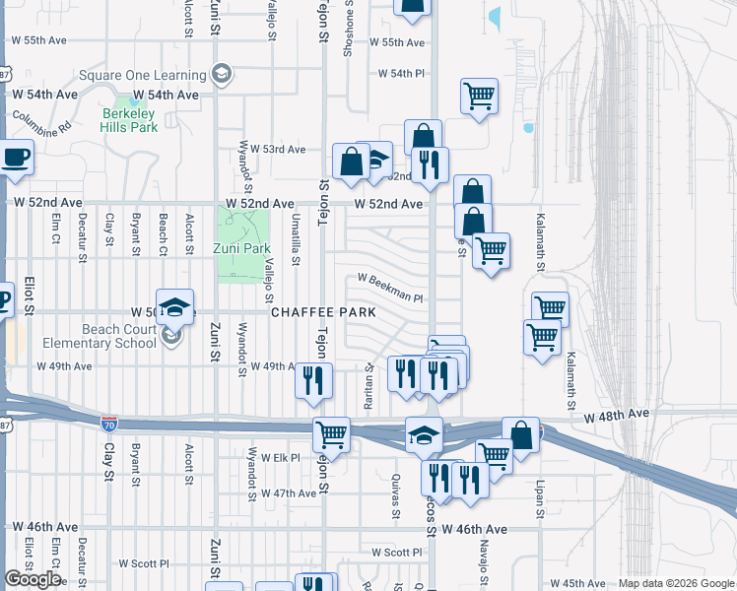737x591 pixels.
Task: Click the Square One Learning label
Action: tap(142, 75)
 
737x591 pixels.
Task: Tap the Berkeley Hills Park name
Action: tap(130, 120)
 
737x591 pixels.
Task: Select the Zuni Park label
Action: tap(241, 248)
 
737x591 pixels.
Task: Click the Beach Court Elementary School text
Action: tap(99, 335)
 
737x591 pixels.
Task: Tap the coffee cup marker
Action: tap(15, 158)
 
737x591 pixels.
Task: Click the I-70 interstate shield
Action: tap(108, 424)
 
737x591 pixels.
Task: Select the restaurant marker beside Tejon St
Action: tap(313, 379)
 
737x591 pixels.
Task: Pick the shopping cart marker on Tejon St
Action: tap(332, 432)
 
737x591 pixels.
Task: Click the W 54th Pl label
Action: tap(401, 74)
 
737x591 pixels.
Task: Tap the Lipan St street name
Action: tap(540, 496)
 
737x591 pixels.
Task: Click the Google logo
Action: tap(33, 579)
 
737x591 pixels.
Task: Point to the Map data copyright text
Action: tap(675, 583)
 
